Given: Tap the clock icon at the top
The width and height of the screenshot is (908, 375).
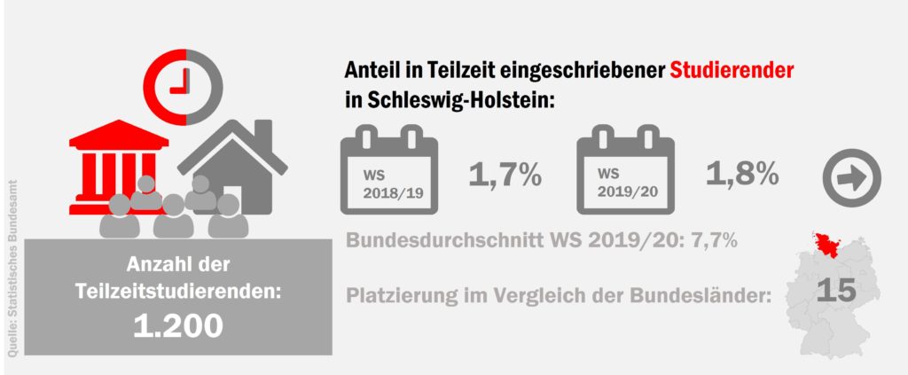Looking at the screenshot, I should click(186, 80).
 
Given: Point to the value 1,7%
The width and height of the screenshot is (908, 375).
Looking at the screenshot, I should click(505, 175).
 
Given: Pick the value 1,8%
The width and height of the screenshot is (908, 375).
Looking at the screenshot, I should click(742, 174).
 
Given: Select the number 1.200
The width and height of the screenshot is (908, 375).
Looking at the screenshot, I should click(177, 325).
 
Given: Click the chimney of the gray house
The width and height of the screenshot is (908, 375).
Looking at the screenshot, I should click(263, 135).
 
